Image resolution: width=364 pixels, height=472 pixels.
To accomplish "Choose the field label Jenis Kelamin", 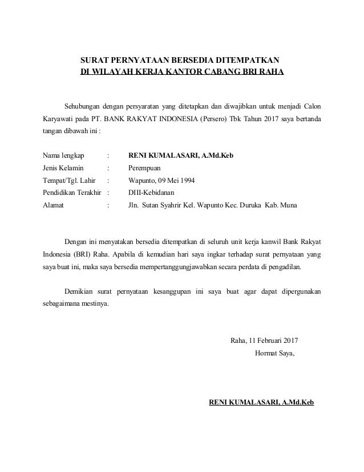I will click(x=63, y=168).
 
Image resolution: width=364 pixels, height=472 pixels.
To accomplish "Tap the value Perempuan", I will click(x=145, y=168).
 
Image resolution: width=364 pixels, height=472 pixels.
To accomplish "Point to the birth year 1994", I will click(x=186, y=180).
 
